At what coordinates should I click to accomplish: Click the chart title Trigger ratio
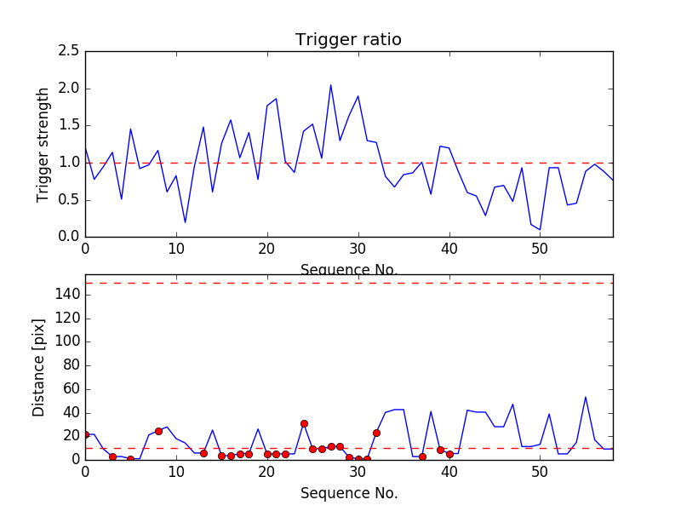click(348, 40)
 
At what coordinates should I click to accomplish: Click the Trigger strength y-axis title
click(43, 144)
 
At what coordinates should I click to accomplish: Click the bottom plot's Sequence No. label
click(348, 493)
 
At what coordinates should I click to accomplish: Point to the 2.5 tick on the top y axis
click(69, 51)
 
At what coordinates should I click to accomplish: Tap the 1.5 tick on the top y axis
click(69, 125)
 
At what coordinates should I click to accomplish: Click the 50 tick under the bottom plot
click(540, 470)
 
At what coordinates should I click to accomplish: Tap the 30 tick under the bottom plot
click(358, 470)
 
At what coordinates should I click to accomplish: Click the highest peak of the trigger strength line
click(330, 85)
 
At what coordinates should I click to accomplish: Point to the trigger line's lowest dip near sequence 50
click(540, 229)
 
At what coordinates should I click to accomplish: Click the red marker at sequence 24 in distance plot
click(304, 423)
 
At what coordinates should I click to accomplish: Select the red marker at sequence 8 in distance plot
click(158, 431)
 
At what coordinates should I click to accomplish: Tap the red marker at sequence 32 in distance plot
click(376, 433)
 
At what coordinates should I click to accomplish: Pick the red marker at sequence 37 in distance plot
click(422, 456)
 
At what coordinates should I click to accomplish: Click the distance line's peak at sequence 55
click(586, 397)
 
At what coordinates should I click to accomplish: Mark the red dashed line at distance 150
click(348, 283)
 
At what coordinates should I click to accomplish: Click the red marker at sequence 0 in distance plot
click(85, 434)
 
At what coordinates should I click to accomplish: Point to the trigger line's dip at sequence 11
click(185, 222)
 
